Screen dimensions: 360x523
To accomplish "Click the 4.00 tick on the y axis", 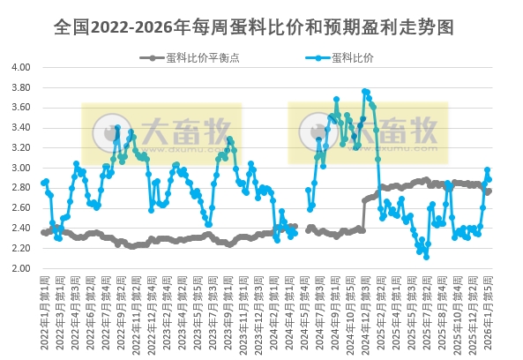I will (20, 67).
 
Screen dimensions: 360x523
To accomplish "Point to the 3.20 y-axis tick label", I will (20, 147).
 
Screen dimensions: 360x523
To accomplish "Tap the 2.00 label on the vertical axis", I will (20, 268).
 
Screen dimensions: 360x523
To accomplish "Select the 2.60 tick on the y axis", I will (20, 208).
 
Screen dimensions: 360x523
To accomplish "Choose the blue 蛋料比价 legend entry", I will (353, 58).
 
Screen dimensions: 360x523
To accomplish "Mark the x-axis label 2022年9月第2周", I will (119, 304).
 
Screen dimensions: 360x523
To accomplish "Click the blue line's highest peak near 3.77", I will (364, 91).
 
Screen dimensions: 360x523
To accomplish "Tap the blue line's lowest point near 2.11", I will (426, 257).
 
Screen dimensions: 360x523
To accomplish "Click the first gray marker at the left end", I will (43, 232).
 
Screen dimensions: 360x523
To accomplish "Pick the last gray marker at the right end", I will (489, 191).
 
